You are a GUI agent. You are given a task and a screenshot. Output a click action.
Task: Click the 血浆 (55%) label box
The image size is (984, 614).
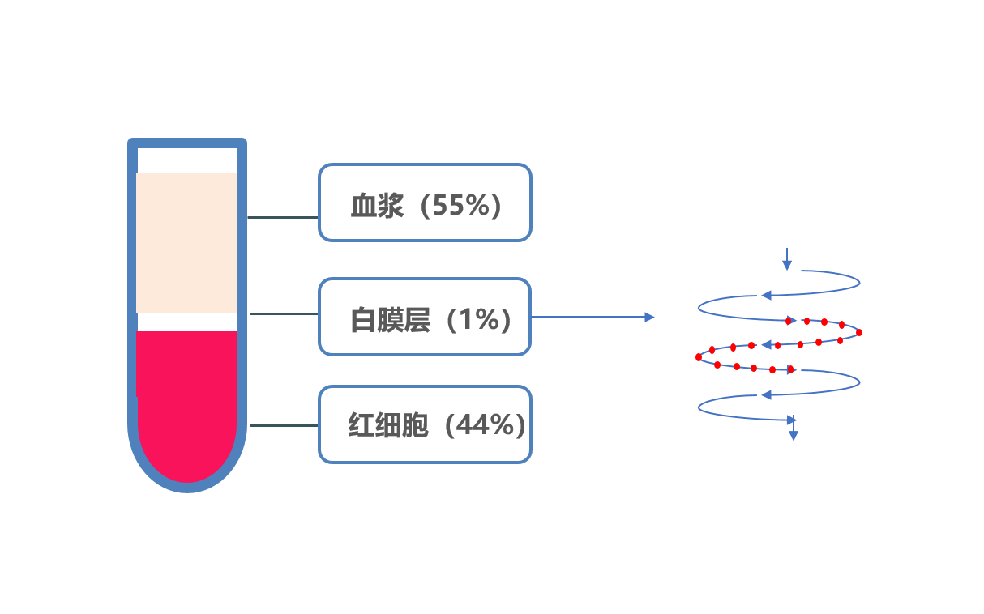(x=425, y=203)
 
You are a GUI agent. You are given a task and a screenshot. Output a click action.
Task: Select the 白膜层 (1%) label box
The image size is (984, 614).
(x=425, y=317)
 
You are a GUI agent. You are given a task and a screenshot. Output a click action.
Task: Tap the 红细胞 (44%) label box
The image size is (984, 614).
(x=425, y=424)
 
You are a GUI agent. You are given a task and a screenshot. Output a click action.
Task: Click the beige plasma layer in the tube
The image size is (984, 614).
(x=186, y=242)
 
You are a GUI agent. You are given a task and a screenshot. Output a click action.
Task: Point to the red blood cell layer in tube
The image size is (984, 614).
(x=186, y=406)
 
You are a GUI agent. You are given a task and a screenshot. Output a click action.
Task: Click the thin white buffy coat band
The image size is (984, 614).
(x=186, y=322)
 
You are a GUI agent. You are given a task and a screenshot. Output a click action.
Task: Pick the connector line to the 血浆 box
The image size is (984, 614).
(x=283, y=217)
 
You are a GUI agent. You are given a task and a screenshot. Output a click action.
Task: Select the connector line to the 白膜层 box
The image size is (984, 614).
(x=285, y=313)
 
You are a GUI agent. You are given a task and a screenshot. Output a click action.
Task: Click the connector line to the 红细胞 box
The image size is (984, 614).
(x=285, y=425)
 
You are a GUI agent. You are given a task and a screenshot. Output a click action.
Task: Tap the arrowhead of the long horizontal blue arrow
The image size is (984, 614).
(x=650, y=317)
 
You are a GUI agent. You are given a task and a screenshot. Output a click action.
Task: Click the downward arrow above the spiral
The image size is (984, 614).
(x=787, y=259)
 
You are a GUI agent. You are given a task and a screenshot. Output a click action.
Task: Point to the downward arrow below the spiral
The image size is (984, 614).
(x=794, y=428)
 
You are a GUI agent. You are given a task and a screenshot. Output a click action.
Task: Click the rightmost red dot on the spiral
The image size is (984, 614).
(x=859, y=332)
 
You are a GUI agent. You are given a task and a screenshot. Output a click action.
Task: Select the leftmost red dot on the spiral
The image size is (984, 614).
(x=699, y=357)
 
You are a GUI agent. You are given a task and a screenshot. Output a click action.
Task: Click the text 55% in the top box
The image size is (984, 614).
(x=461, y=205)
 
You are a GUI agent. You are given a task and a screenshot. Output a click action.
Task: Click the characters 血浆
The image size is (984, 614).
(x=377, y=205)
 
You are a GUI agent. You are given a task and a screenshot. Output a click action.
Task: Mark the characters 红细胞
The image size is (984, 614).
(x=388, y=424)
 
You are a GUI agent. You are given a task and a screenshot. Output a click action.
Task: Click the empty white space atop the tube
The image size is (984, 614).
(x=187, y=160)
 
